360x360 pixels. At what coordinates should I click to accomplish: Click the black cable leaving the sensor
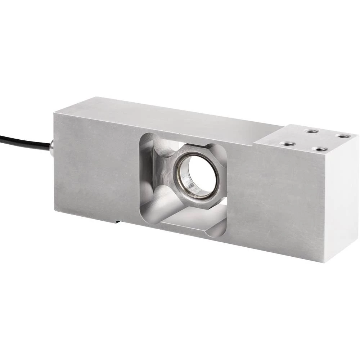coord(22,141)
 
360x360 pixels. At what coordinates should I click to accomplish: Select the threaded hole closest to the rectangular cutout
coord(287,144)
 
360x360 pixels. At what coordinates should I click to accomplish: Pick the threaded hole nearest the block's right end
coord(342,136)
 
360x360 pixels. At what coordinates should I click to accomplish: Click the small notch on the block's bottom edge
coord(117,221)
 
